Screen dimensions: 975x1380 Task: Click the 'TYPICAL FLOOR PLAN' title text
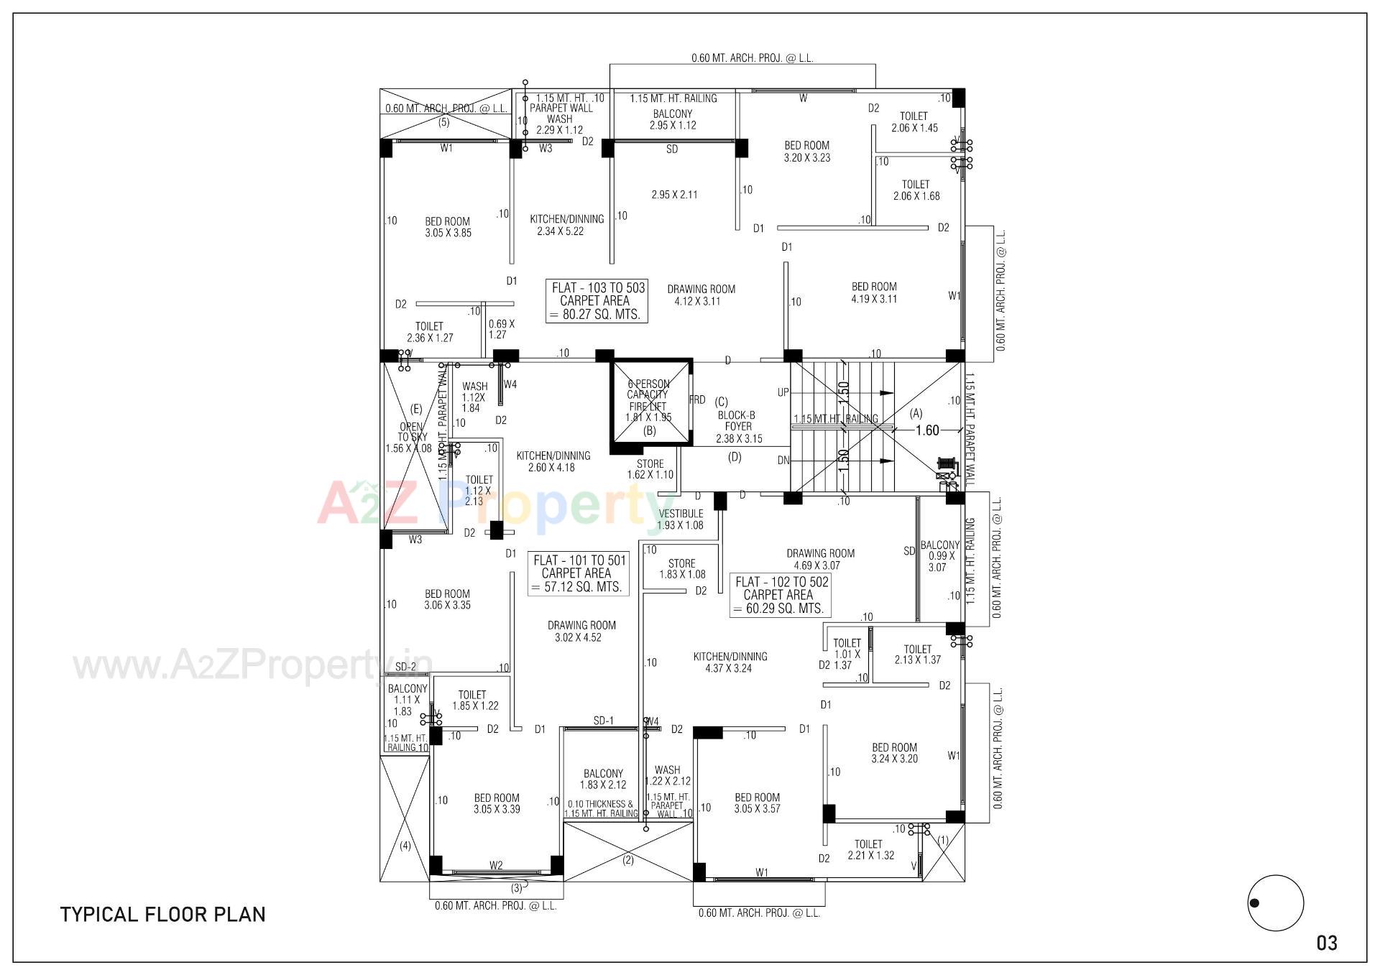[163, 915]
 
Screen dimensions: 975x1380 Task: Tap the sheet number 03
[1327, 943]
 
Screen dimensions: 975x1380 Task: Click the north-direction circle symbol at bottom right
[1276, 903]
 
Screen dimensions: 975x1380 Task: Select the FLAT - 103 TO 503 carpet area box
[597, 301]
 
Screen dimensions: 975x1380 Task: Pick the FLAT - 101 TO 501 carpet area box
[579, 573]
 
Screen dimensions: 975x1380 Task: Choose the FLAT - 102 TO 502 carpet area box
[781, 595]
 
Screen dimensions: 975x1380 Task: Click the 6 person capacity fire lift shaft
[650, 406]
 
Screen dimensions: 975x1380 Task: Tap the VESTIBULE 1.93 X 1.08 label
[680, 519]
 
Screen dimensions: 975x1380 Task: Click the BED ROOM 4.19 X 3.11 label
[874, 292]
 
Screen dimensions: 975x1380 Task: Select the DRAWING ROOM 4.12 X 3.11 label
[701, 295]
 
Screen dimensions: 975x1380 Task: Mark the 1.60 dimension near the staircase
[927, 430]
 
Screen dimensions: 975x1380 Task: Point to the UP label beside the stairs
[783, 393]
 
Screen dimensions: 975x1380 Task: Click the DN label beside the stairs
[783, 461]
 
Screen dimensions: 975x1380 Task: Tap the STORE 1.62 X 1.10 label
[650, 469]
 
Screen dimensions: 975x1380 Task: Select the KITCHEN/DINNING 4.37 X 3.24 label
[730, 662]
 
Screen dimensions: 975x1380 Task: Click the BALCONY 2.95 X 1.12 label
[673, 119]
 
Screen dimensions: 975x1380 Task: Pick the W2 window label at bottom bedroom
[496, 865]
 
